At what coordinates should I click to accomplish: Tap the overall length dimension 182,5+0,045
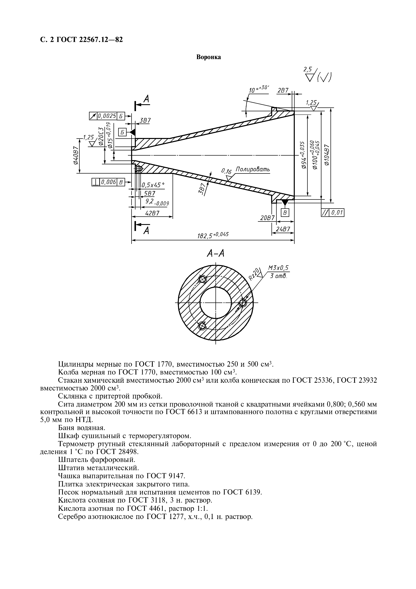coord(212,235)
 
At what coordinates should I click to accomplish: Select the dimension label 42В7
coord(152,213)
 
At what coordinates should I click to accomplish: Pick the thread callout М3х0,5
coord(278,268)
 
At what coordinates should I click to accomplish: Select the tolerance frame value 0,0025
coord(107,116)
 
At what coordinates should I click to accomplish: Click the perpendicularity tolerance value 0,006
coord(108,182)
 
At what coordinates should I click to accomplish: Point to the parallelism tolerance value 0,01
coord(337,213)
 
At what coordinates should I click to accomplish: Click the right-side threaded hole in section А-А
coord(242,303)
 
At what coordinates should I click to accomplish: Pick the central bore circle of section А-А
coord(216,303)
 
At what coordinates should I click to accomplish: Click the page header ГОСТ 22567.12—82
coord(89,40)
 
